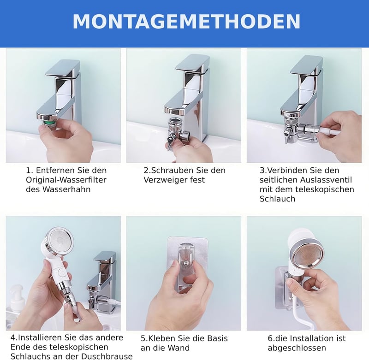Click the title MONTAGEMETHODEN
[x=186, y=22]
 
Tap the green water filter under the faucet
[x=49, y=123]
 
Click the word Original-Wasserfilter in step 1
[x=66, y=180]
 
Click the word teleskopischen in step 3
[x=326, y=189]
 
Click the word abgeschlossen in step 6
[x=297, y=348]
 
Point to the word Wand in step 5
[x=180, y=348]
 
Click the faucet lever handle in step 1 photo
[x=63, y=68]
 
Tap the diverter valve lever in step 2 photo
[x=170, y=141]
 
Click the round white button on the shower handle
[x=61, y=272]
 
